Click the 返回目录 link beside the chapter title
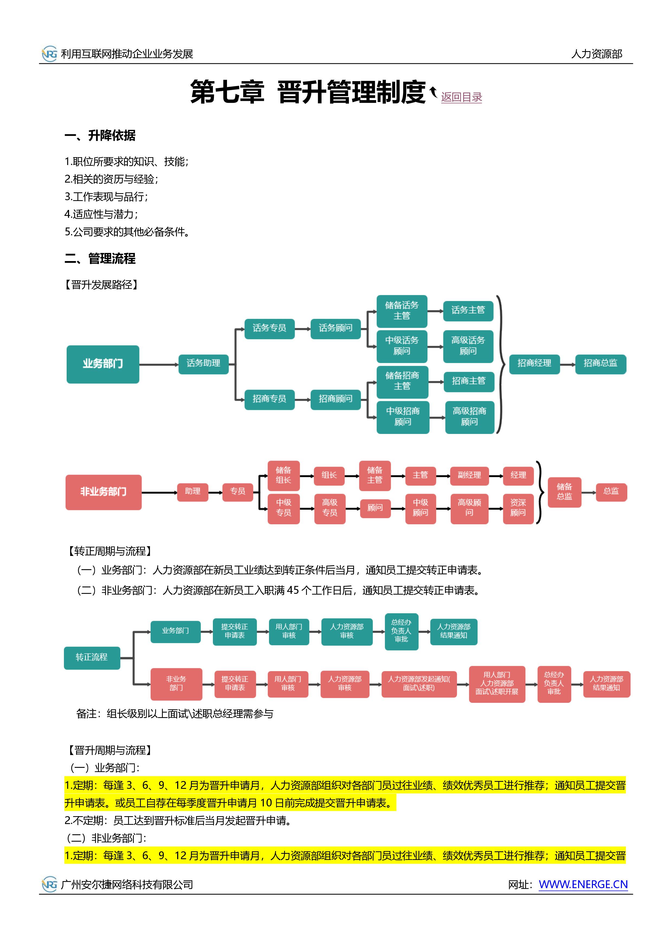[461, 97]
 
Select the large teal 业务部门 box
[103, 364]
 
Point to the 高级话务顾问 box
[468, 346]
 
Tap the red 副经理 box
[469, 475]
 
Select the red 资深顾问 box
[518, 508]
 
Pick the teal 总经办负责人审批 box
[401, 632]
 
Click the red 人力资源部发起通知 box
[419, 684]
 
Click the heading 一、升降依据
[100, 135]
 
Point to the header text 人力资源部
[597, 54]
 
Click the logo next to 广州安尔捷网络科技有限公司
[50, 885]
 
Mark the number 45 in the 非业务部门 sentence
[293, 590]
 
